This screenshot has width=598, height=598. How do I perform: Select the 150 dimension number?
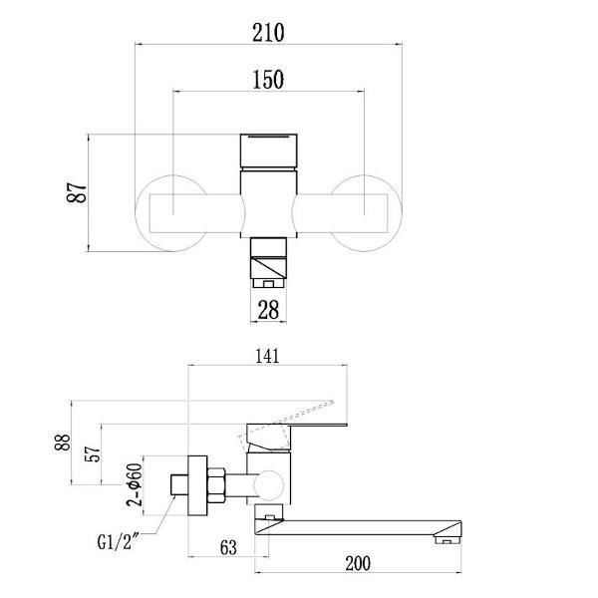tap(268, 79)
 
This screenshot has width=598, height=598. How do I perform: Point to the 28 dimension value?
tap(268, 310)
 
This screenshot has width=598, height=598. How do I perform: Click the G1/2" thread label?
tap(117, 544)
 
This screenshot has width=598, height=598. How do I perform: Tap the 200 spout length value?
tap(357, 564)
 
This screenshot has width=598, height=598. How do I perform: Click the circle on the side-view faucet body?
tap(268, 486)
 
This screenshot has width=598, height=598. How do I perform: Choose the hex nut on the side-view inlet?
tap(212, 486)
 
